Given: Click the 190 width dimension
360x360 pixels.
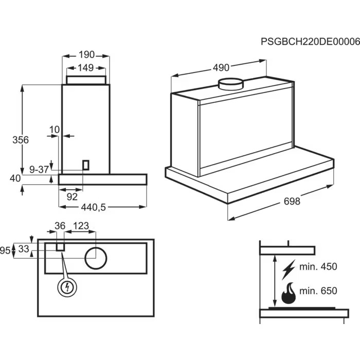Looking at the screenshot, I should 87,55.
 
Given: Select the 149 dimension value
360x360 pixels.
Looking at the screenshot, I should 85,67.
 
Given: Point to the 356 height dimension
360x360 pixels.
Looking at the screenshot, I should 21,140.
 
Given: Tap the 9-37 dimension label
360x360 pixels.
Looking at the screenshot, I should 39,169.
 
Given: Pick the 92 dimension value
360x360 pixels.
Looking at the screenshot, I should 72,196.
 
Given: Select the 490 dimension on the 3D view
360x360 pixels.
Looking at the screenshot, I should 221,67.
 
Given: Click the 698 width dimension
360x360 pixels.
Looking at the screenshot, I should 292,202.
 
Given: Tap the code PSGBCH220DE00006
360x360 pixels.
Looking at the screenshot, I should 310,41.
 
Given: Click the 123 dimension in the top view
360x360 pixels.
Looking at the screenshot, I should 81,226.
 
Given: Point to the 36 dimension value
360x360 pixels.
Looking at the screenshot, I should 60,226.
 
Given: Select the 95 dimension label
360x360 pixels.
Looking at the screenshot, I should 5,250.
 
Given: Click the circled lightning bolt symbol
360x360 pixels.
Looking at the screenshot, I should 67,287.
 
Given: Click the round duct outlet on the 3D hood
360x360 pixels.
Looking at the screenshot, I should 230,84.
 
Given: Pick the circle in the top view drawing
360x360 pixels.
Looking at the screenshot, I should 96,258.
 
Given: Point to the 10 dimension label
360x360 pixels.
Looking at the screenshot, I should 55,129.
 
